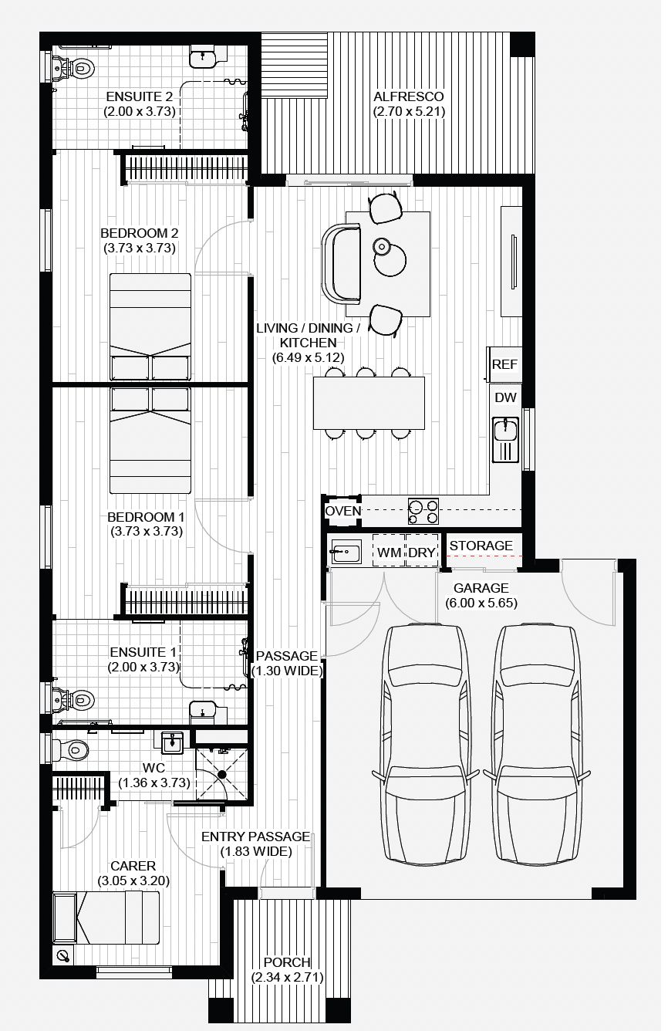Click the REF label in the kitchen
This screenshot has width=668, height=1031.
pyautogui.click(x=505, y=364)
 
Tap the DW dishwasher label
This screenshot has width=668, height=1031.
pyautogui.click(x=505, y=398)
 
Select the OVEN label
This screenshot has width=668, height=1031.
pyautogui.click(x=342, y=511)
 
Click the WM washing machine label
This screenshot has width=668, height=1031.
pyautogui.click(x=389, y=553)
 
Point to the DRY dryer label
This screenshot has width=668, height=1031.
pyautogui.click(x=422, y=553)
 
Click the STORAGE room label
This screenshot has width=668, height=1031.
pyautogui.click(x=481, y=546)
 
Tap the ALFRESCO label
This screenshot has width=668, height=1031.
pyautogui.click(x=408, y=96)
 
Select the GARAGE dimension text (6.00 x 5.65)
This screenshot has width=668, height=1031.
pyautogui.click(x=481, y=603)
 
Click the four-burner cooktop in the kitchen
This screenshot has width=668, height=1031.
pyautogui.click(x=423, y=512)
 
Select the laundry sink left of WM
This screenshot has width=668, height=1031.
pyautogui.click(x=346, y=551)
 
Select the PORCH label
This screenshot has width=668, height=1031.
pyautogui.click(x=287, y=963)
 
